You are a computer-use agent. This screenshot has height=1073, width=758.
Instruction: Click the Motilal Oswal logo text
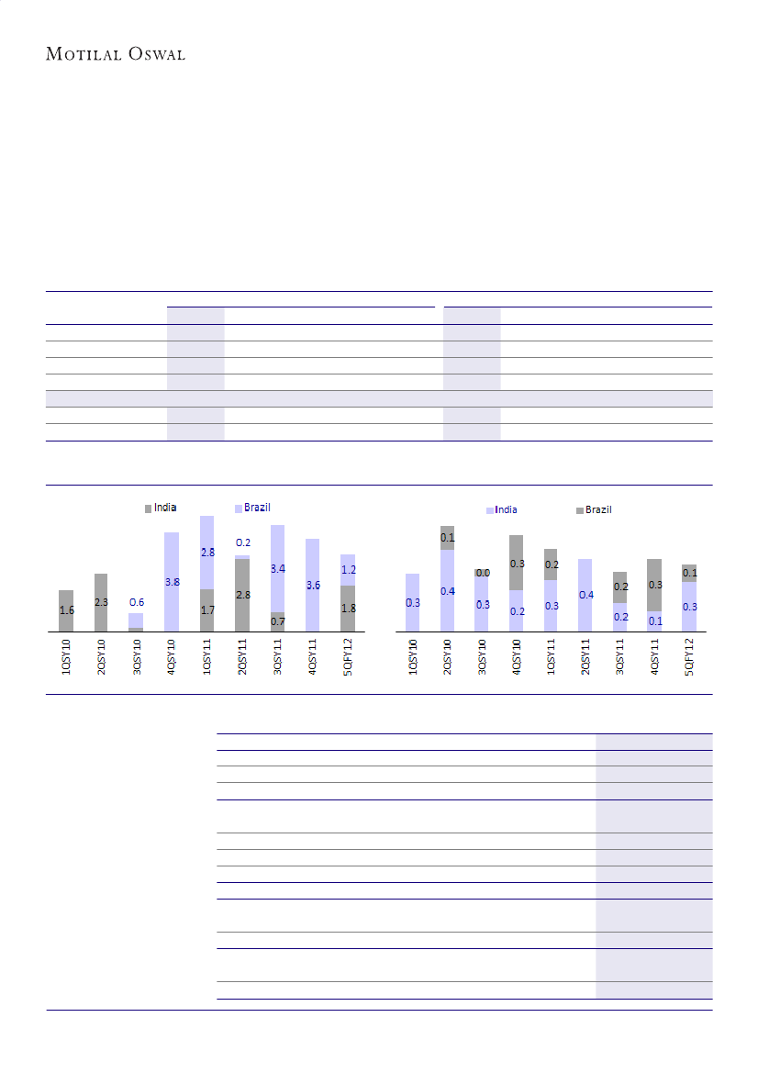click(x=116, y=54)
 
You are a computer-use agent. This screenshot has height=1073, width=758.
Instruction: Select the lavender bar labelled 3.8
click(x=172, y=582)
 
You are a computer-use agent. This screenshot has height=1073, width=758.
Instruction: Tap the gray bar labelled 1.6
click(x=66, y=610)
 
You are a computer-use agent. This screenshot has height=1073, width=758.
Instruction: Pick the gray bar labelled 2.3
click(x=101, y=602)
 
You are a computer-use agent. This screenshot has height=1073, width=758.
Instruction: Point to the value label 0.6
click(x=136, y=602)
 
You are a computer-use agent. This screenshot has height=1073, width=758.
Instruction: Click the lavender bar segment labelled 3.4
click(x=277, y=569)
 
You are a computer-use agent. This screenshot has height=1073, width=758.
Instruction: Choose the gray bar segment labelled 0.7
click(x=277, y=621)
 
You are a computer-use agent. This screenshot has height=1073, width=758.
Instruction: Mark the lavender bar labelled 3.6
click(x=312, y=585)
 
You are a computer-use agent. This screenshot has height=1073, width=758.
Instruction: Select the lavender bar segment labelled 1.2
click(x=348, y=569)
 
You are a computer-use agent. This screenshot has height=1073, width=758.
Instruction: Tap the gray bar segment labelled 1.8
click(x=348, y=608)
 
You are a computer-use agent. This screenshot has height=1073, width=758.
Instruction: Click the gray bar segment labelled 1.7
click(x=207, y=609)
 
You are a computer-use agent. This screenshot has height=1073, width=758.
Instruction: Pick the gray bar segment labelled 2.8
click(x=242, y=595)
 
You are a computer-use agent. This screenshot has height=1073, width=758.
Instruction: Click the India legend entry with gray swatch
click(x=161, y=508)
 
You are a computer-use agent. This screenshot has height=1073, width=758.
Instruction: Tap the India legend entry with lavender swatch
click(x=502, y=509)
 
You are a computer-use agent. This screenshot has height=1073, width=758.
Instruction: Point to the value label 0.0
click(x=482, y=573)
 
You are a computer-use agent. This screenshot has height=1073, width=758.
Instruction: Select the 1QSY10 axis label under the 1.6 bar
click(x=66, y=657)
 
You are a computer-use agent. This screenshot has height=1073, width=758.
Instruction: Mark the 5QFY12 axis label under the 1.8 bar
click(x=348, y=657)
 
